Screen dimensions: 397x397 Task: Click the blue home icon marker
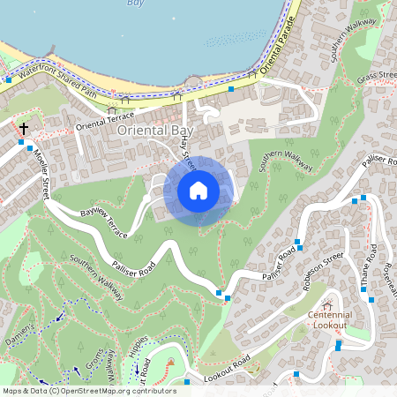[x=198, y=191]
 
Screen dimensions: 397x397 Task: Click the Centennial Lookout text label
[x=329, y=320]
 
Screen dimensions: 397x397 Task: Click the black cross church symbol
[x=23, y=129]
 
